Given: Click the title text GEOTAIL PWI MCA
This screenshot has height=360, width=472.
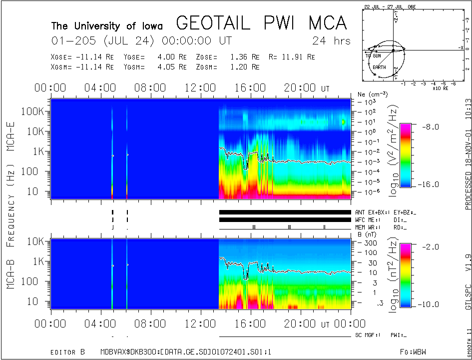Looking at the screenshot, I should click(261, 24).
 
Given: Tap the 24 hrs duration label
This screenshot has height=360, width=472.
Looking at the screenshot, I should click(331, 40).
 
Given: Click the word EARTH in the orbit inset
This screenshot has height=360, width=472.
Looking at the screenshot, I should click(379, 67).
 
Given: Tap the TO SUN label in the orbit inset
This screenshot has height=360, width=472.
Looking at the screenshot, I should click(373, 55).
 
